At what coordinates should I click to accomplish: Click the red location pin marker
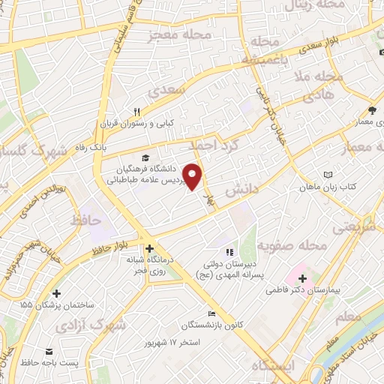194,176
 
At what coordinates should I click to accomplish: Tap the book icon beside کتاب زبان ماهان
326,174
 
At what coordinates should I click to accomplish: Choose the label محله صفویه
293,245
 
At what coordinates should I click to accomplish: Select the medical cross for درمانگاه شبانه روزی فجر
150,249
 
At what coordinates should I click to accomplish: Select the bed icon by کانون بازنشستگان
211,314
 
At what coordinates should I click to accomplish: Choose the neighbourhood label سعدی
164,92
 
